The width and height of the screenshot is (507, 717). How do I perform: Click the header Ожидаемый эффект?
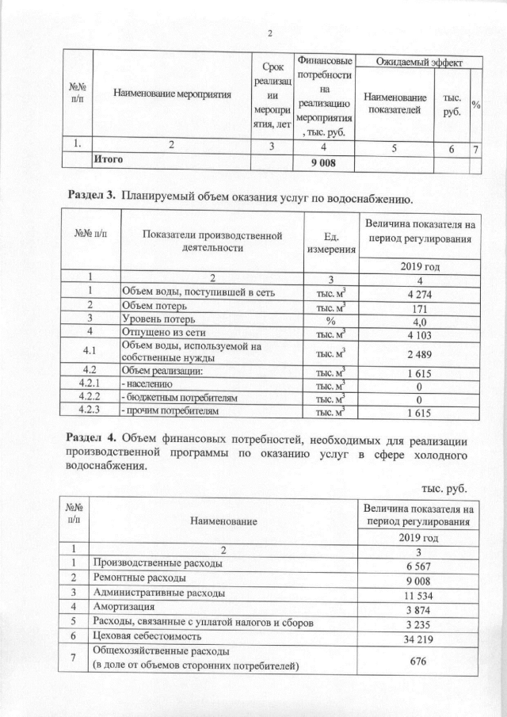tap(417, 62)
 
